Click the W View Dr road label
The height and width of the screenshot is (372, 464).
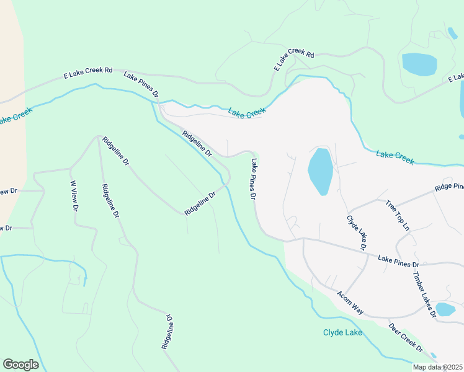coord(73,197)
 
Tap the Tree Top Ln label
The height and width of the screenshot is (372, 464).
coord(398,215)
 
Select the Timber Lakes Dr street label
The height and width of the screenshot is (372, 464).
coord(424,294)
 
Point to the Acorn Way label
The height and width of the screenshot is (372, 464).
coord(350,302)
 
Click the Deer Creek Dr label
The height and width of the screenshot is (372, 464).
coord(405,337)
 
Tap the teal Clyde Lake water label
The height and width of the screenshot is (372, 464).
coord(342,333)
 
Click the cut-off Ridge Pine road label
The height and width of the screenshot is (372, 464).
coord(448,187)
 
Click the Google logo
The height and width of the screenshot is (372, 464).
coord(21,365)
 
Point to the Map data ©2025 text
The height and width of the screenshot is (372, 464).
coord(437,367)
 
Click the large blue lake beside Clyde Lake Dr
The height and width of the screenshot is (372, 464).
coord(320,171)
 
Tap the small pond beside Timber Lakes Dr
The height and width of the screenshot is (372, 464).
coord(445,309)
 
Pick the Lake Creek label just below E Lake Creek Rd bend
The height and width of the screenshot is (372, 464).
coord(246,112)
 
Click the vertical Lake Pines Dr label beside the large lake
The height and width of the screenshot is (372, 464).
coord(254,179)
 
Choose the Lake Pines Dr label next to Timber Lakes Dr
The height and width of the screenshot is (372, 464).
coord(398,261)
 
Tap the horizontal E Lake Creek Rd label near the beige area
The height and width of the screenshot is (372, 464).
coord(87,73)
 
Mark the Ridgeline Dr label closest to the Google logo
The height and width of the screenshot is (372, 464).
coord(167,332)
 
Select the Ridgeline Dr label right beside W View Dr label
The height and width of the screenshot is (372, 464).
coord(110,201)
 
